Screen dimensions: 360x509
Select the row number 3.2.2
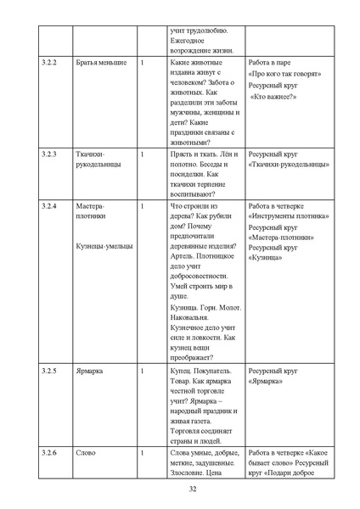[x=49, y=64]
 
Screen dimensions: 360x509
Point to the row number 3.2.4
[x=49, y=205]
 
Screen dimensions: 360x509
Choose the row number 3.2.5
[x=49, y=371]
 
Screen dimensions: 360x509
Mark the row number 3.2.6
[x=49, y=453]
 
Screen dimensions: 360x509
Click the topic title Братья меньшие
[x=101, y=64]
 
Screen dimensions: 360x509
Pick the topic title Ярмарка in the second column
[x=89, y=371]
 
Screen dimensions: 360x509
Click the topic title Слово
[x=85, y=453]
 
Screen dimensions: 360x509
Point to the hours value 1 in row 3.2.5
[x=142, y=371]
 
